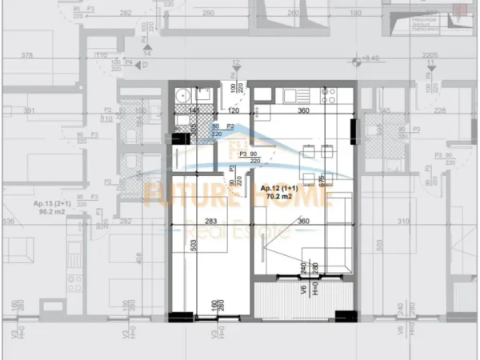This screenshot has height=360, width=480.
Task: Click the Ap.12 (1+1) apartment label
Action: [x=279, y=188]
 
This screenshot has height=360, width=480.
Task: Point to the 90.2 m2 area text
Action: [x=50, y=213]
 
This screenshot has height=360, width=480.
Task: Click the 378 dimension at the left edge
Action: [x=26, y=55]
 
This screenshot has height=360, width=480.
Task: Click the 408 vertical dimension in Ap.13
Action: [x=141, y=258]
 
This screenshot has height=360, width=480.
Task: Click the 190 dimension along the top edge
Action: [x=355, y=14]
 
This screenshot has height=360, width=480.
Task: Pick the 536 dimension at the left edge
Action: [x=8, y=222]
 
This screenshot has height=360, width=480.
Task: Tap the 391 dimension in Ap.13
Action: [x=30, y=111]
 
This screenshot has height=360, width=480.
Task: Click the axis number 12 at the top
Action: [x=236, y=62]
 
